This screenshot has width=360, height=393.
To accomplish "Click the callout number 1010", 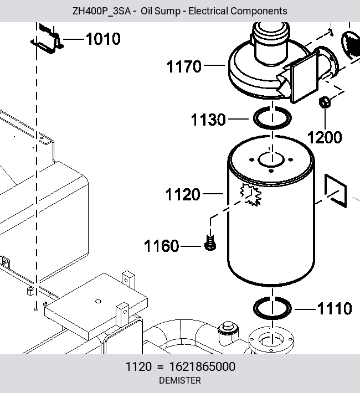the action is click(x=103, y=39).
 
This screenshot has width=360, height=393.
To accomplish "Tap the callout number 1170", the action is click(x=184, y=66).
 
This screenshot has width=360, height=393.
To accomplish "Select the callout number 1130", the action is click(x=208, y=120).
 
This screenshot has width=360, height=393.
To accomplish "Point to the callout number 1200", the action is click(x=325, y=137).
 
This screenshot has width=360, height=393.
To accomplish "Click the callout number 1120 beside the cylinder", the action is click(x=183, y=194).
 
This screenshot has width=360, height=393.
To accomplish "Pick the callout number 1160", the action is click(x=162, y=246).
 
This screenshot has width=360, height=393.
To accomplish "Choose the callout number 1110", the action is click(x=335, y=308).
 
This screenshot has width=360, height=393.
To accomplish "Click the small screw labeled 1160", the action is click(x=210, y=242).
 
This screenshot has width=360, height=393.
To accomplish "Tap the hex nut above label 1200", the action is click(x=325, y=102).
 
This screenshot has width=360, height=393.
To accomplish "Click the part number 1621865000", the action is click(x=202, y=366).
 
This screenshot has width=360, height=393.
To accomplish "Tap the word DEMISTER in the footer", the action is click(x=180, y=380).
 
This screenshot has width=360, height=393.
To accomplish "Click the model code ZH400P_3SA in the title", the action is click(x=101, y=11).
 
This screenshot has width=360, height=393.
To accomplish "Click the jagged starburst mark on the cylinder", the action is click(x=251, y=194).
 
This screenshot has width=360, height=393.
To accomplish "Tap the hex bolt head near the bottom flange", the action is click(x=228, y=327).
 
